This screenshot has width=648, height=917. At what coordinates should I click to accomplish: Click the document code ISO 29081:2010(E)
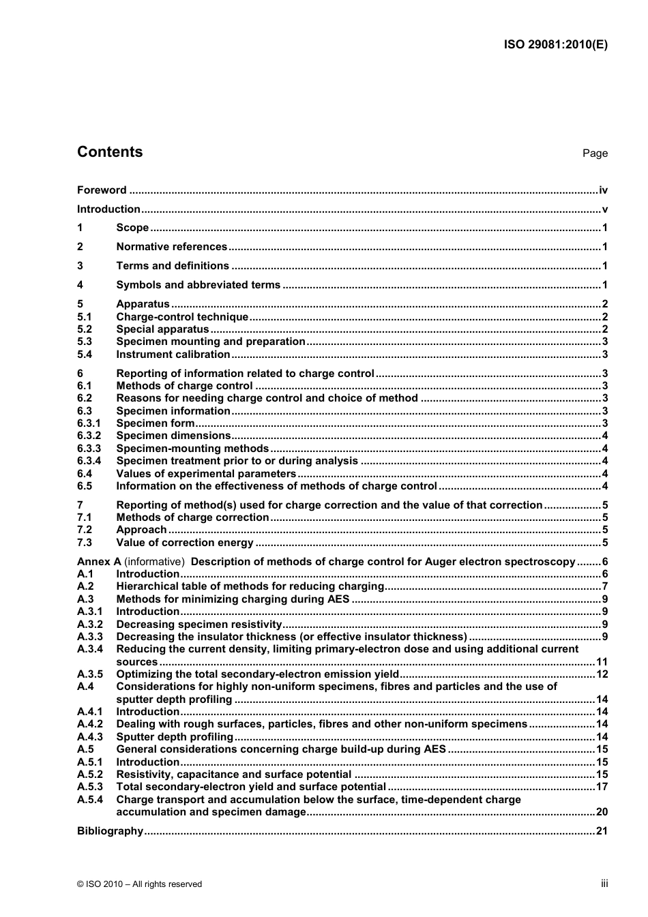[555, 45]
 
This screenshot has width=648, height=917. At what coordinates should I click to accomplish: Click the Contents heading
[110, 152]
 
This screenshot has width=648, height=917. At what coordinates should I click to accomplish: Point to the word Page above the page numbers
[595, 153]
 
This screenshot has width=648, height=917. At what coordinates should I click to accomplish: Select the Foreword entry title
[102, 190]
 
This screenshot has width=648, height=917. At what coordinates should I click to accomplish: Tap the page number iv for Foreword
[603, 190]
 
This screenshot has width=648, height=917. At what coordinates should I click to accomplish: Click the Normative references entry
[171, 247]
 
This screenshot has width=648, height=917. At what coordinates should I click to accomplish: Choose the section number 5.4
[85, 355]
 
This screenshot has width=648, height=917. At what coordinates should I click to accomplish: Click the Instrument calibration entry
[173, 355]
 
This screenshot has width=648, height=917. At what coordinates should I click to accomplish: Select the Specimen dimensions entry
[173, 436]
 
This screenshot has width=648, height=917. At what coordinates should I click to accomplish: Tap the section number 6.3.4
[89, 461]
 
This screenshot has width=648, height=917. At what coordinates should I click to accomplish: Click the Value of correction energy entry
[185, 543]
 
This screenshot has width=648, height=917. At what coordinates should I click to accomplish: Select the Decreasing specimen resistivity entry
[198, 625]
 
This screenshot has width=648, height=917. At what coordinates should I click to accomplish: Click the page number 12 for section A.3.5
[602, 674]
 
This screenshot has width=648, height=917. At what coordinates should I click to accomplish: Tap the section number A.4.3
[90, 737]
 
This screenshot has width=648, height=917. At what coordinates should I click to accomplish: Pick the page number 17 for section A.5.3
[602, 787]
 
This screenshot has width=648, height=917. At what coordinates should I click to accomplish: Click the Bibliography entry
[110, 831]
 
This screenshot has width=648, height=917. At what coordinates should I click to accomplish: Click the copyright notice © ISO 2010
[139, 884]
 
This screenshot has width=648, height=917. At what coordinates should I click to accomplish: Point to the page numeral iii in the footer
[604, 884]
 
